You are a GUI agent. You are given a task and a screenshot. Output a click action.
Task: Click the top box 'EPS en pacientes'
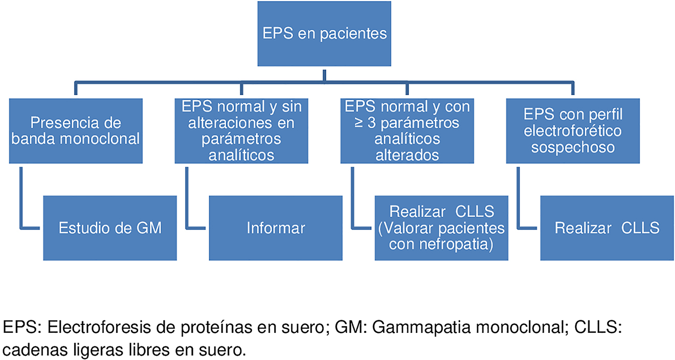click(x=324, y=35)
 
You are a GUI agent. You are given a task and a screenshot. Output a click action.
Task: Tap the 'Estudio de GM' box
click(x=110, y=227)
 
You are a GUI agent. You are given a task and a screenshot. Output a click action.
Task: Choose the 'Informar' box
click(x=276, y=227)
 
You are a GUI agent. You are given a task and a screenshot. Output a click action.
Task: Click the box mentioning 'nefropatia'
click(x=440, y=227)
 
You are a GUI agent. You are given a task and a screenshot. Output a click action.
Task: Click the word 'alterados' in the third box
click(x=407, y=154)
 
